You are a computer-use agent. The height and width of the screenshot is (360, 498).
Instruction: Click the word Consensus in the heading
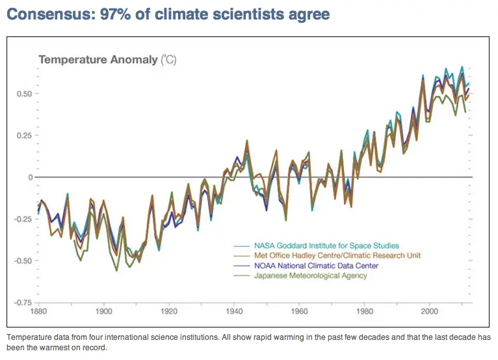click(47, 14)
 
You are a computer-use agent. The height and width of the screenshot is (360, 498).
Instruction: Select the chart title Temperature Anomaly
click(98, 60)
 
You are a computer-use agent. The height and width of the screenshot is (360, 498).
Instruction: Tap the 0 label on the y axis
click(29, 177)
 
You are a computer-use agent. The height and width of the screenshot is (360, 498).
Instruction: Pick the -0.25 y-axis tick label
click(21, 219)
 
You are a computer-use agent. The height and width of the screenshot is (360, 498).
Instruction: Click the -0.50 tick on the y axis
click(21, 261)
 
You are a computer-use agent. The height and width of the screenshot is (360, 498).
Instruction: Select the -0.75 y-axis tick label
click(21, 303)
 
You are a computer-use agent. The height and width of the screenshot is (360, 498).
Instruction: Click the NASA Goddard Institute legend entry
click(325, 246)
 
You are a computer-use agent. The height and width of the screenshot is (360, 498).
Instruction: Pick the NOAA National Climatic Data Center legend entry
click(315, 266)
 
